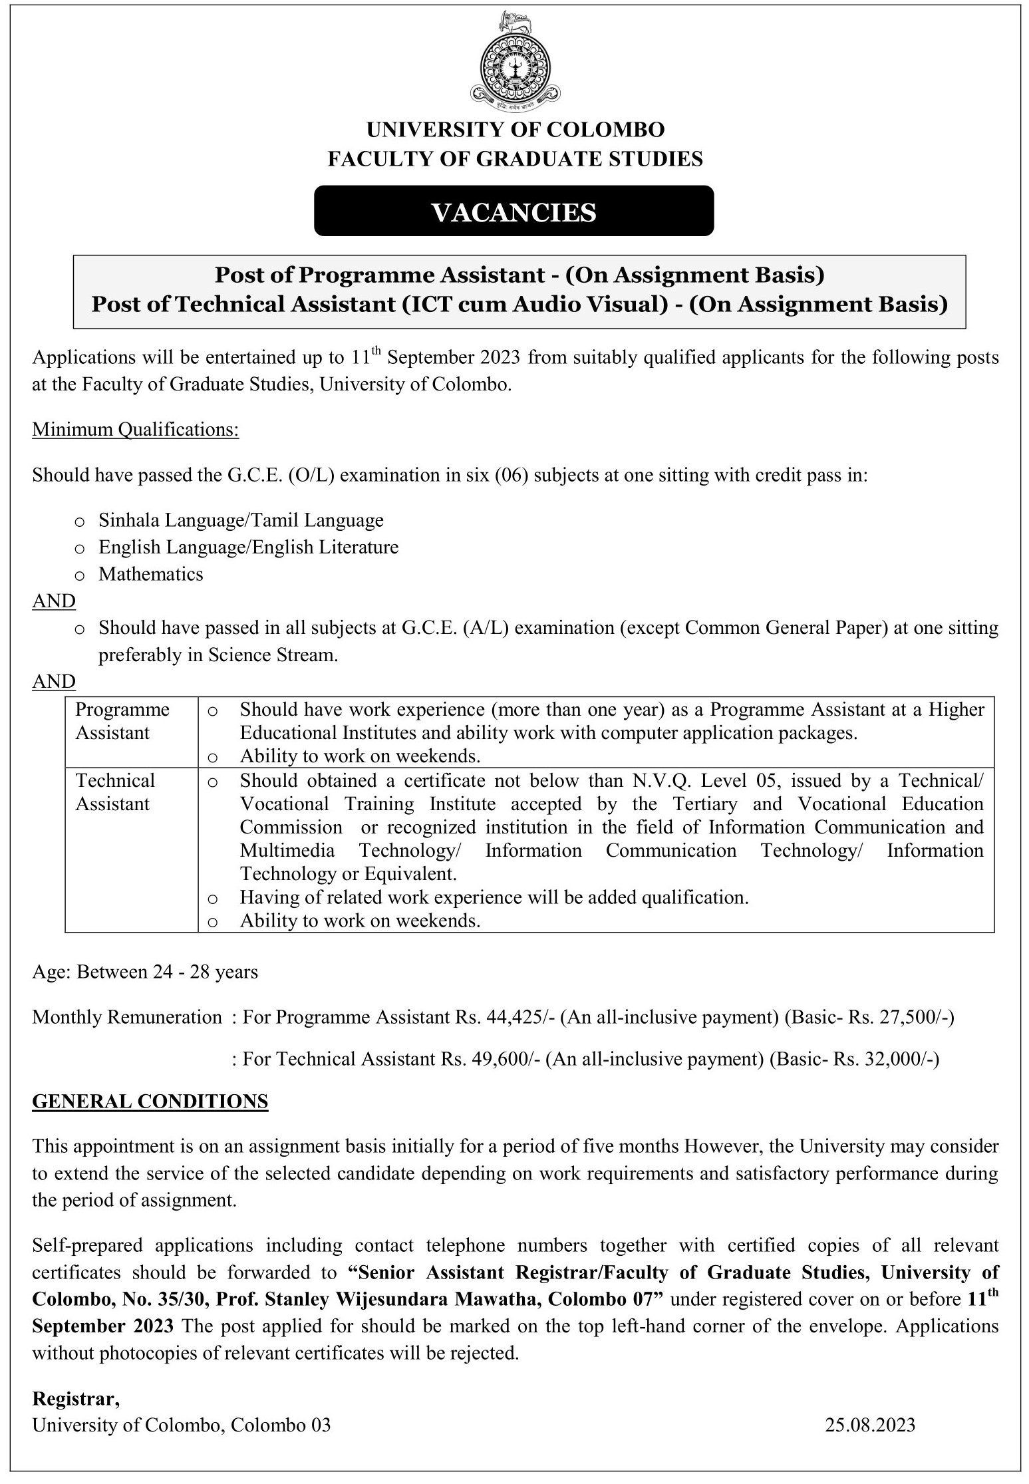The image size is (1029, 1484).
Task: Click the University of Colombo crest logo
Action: point(515,62)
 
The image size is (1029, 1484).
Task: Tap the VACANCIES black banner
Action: point(514,212)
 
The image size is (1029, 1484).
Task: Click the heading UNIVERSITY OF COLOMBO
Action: point(515,129)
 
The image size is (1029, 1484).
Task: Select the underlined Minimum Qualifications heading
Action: point(135,430)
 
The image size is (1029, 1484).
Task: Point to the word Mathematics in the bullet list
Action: point(150,574)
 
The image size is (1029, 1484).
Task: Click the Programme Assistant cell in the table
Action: point(122,721)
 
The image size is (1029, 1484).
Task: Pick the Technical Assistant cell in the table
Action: point(115,792)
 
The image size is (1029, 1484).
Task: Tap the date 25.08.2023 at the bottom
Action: point(870,1424)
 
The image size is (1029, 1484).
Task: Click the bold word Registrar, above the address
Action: point(76,1399)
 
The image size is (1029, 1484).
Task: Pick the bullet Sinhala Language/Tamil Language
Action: point(241,520)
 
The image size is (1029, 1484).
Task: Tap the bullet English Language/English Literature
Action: point(248,547)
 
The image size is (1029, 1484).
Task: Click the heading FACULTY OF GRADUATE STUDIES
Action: point(515,158)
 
